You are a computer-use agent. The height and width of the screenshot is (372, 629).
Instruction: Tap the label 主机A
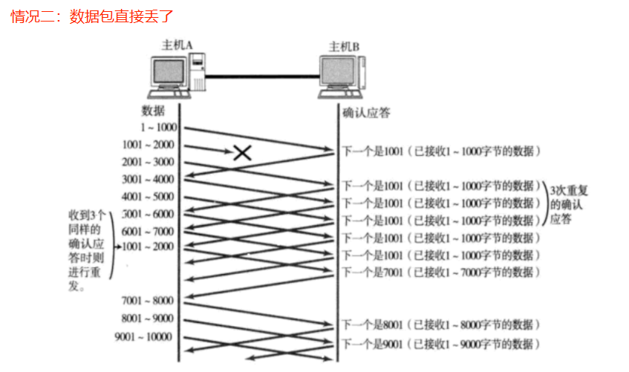[x=177, y=45]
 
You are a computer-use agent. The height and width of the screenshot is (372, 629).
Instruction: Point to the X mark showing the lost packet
[x=241, y=153]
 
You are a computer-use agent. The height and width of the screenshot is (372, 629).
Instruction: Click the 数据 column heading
[x=154, y=111]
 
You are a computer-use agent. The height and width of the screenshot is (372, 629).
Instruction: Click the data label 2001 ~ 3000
[x=149, y=162]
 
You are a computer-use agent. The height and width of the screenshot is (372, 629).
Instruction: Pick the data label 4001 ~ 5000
[x=149, y=197]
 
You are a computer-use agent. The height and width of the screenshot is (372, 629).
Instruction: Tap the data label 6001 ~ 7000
[x=149, y=231]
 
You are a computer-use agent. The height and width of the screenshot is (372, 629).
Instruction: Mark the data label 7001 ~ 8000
[x=149, y=301]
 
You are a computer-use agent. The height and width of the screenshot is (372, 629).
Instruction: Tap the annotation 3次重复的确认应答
[x=566, y=203]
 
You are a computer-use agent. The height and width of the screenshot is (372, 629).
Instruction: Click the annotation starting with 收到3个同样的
[x=86, y=249]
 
